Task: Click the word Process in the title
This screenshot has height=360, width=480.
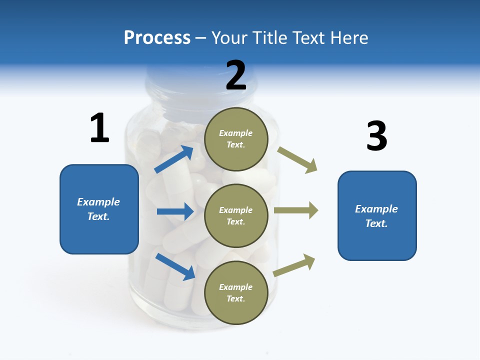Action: click(x=157, y=37)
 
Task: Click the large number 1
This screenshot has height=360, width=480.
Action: click(x=99, y=128)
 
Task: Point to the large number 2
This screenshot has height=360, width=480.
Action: click(x=236, y=75)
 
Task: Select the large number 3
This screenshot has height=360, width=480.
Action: click(x=376, y=136)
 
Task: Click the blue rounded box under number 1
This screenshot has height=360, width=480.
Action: click(x=99, y=209)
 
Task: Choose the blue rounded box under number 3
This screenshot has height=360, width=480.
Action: click(x=377, y=215)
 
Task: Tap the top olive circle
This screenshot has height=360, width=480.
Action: click(x=236, y=138)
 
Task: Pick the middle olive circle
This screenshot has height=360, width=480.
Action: click(x=236, y=215)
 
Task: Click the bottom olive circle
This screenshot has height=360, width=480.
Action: click(x=236, y=292)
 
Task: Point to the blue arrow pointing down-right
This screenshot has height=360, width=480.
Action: click(x=175, y=266)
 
